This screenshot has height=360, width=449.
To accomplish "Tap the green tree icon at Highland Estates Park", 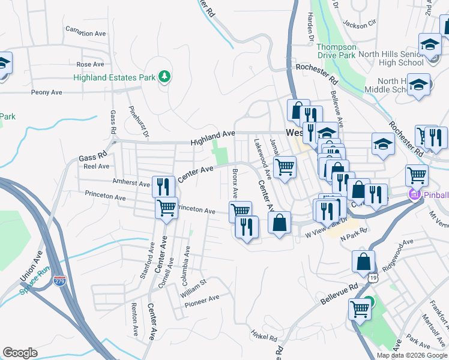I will click(164, 77).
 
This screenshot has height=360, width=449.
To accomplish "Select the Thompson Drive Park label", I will click(336, 50).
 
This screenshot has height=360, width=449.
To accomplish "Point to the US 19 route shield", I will click(373, 278).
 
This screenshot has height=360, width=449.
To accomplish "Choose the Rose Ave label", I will click(90, 64).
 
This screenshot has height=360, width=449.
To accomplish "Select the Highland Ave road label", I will click(212, 139).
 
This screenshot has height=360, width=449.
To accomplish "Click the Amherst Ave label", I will click(131, 182).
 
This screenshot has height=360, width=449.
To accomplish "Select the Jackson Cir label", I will click(359, 24).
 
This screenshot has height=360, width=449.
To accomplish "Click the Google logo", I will click(20, 353).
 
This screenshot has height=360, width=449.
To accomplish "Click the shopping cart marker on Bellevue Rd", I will click(359, 309).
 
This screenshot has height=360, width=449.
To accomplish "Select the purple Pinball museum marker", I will click(413, 194).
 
